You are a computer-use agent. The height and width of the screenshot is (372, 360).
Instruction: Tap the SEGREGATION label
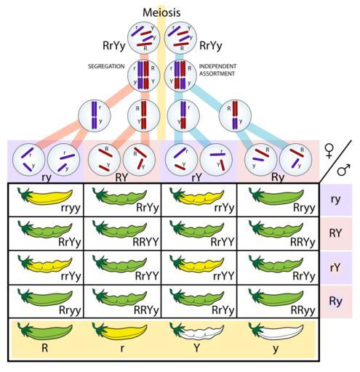click(x=106, y=68)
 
